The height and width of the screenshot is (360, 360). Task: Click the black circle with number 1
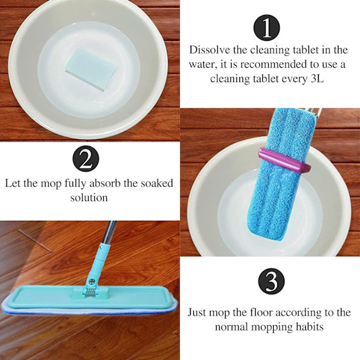click(x=266, y=28)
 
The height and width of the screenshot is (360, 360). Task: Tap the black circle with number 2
click(x=86, y=158)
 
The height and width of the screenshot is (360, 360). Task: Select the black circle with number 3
click(x=271, y=281)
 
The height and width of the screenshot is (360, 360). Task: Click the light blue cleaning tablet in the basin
click(x=90, y=70)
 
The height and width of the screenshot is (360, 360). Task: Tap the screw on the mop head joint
click(x=92, y=281)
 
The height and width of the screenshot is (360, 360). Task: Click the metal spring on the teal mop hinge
click(x=90, y=292)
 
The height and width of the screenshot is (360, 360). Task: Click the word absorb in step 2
click(x=104, y=183)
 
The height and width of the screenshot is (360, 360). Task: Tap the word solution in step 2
click(x=89, y=197)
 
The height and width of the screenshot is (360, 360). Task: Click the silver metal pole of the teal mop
click(x=110, y=232)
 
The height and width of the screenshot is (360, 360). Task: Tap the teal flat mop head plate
click(x=91, y=296)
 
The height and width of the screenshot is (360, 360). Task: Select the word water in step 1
click(x=203, y=65)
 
